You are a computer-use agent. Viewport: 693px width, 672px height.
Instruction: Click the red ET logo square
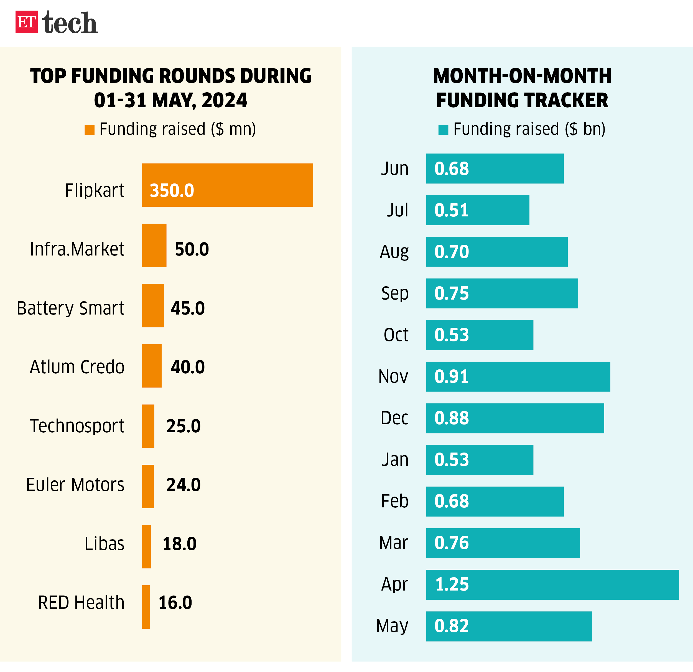coord(27,22)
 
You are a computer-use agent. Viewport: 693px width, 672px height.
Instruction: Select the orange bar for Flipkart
coord(227,185)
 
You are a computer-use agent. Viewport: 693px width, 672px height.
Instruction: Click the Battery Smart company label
coord(71,308)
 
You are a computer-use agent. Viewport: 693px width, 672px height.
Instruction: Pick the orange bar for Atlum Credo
coord(152,366)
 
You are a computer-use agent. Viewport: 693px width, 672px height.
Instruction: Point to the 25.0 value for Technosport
coord(184,426)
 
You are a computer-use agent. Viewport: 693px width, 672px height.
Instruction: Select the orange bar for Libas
coord(146,546)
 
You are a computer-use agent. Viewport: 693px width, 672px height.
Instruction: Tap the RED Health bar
coord(146,607)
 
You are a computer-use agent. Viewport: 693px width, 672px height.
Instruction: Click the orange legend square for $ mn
coord(90,130)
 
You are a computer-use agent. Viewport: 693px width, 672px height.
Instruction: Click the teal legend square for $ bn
coord(443,130)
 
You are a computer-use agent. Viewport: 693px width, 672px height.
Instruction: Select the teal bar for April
coord(552,585)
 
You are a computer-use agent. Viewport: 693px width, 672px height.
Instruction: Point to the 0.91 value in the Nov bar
coord(452,377)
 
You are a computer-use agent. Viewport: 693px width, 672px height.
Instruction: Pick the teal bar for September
coord(502,293)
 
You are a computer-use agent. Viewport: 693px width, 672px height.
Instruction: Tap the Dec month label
coord(394,418)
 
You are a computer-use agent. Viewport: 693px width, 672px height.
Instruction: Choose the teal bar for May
coord(509,626)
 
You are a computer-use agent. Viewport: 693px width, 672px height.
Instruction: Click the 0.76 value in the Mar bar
coord(452,543)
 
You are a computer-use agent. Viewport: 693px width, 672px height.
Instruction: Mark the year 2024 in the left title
coord(224,100)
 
